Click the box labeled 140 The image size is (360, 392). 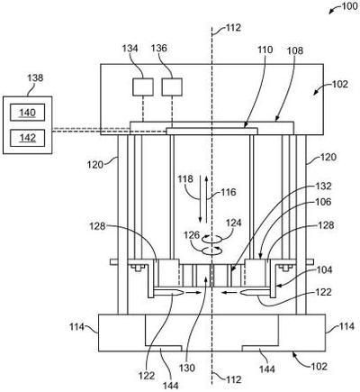(x=28, y=113)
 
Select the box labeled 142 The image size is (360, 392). (x=28, y=138)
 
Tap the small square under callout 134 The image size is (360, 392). (x=143, y=87)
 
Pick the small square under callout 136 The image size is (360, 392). (x=172, y=87)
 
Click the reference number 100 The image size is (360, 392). (x=350, y=6)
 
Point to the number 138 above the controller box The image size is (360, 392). (x=35, y=78)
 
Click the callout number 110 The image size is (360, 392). (x=265, y=50)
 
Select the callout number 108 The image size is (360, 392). (x=295, y=50)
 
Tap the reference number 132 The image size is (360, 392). (x=323, y=187)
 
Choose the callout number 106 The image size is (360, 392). (x=323, y=202)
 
